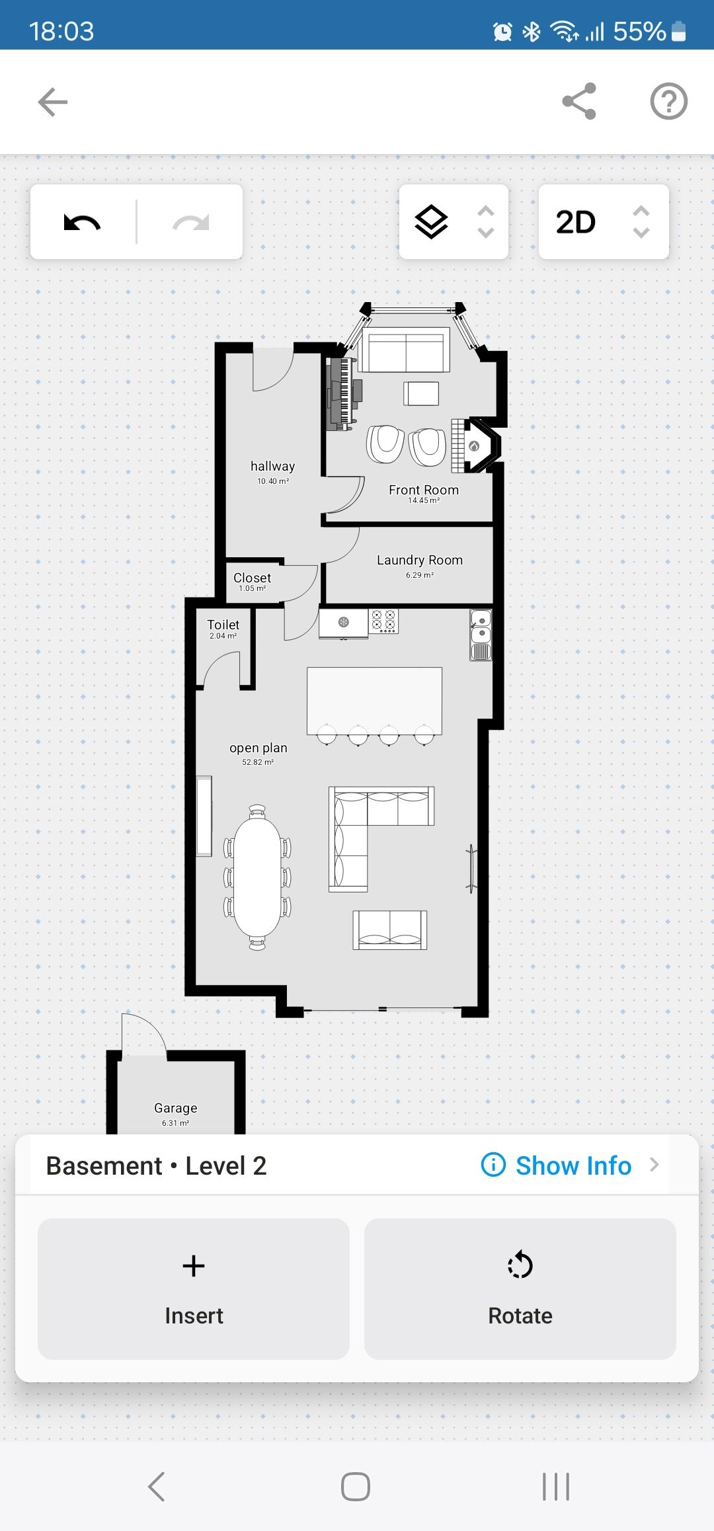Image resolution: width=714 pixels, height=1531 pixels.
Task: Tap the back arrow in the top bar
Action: [53, 102]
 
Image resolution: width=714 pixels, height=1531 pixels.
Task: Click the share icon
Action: [579, 101]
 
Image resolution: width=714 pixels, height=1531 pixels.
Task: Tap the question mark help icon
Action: [669, 101]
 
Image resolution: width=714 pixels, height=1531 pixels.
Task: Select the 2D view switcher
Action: [604, 221]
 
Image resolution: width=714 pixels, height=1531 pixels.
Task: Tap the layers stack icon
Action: [431, 221]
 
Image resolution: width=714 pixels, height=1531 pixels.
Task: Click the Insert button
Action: [194, 1288]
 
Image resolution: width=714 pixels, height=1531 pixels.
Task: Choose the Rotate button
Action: [520, 1288]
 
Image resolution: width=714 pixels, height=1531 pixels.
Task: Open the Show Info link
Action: [573, 1165]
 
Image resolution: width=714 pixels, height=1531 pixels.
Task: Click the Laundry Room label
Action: [420, 560]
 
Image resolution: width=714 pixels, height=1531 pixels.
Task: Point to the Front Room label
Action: [424, 490]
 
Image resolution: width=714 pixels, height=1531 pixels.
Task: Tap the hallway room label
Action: [272, 467]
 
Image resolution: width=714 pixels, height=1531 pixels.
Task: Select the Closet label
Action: [252, 578]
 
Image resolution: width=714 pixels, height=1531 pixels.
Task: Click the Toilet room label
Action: [223, 625]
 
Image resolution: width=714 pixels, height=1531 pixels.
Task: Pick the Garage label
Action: [175, 1108]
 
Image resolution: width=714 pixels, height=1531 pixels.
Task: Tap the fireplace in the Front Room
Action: [475, 445]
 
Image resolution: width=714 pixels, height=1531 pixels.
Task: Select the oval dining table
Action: [257, 877]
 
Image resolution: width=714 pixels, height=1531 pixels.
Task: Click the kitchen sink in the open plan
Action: [481, 635]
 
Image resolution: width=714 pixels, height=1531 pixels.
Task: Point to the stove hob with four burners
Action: [383, 621]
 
